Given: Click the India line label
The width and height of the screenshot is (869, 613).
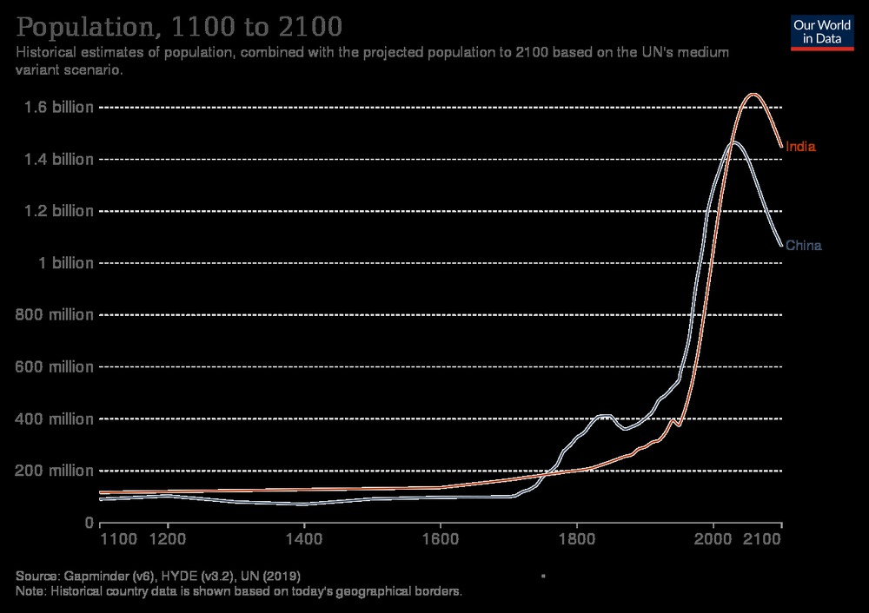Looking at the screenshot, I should [800, 147].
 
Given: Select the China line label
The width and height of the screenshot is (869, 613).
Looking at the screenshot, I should [803, 246].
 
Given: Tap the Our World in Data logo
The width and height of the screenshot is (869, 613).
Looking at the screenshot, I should [821, 32].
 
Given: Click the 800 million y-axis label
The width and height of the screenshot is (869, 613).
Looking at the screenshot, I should [55, 315].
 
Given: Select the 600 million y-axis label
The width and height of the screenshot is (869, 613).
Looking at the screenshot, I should [55, 367].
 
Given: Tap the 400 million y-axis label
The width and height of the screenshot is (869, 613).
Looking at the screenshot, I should [55, 419].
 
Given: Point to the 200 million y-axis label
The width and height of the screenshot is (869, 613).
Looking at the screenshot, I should [55, 471].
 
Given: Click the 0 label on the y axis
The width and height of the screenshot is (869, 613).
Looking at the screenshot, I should [88, 523].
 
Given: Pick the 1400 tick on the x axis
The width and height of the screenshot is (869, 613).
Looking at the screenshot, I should [304, 539].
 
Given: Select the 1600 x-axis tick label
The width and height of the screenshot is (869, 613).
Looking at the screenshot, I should [441, 539].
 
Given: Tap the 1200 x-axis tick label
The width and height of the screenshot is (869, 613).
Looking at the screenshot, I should [168, 539].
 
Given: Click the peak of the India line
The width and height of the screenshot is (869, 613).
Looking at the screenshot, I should [753, 94].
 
